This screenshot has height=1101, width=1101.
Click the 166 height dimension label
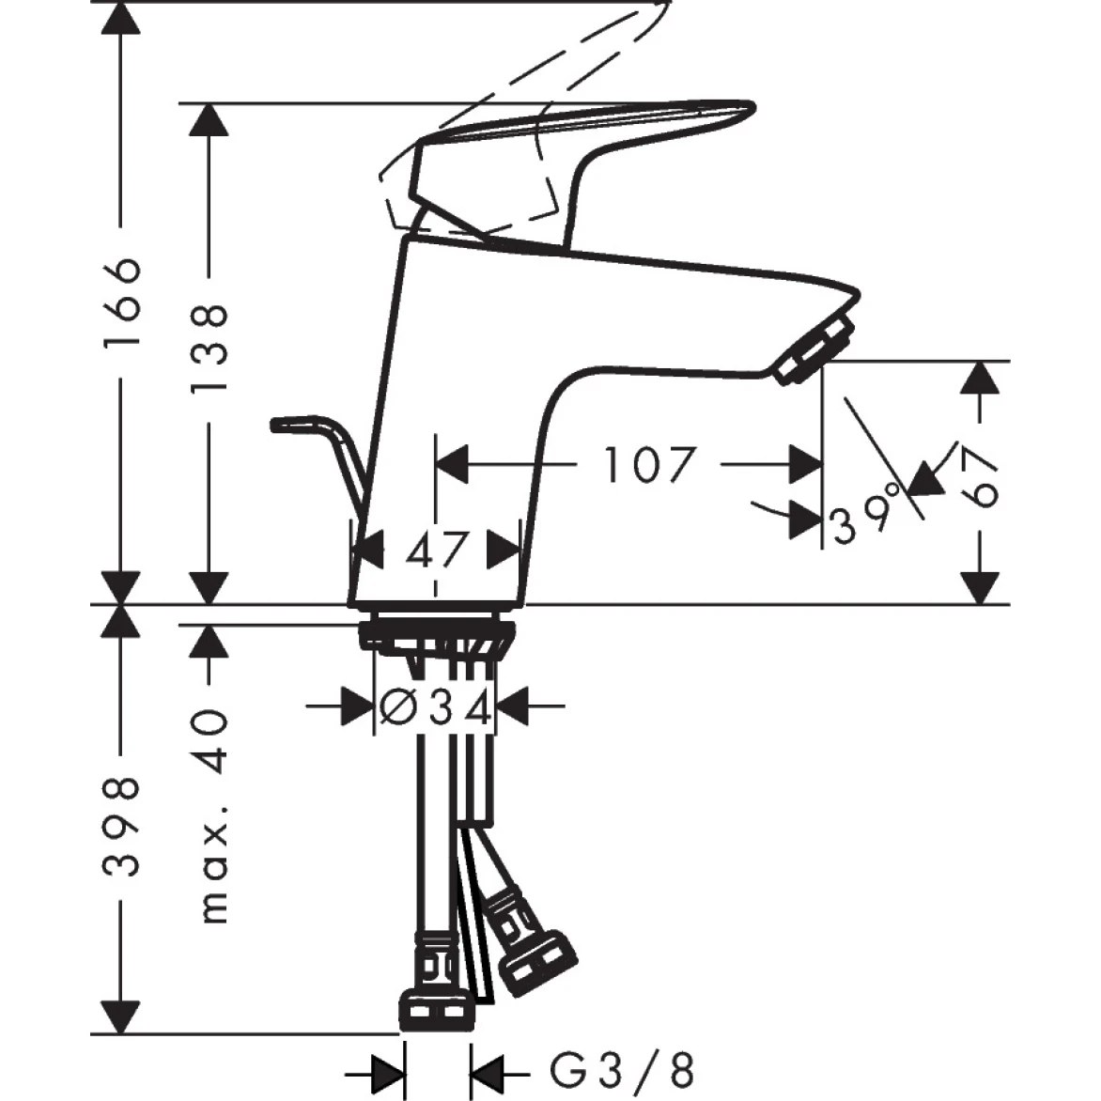coord(122,302)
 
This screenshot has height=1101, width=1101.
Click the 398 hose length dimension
coord(122,827)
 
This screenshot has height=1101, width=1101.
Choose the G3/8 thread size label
coord(623,1070)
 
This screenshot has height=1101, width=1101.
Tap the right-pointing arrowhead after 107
coord(804,464)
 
